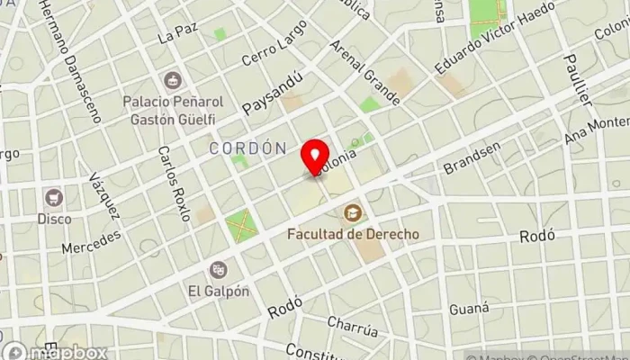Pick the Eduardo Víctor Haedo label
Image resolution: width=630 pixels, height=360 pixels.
pos(481,38)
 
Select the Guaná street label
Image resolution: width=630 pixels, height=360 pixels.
pos(469,309)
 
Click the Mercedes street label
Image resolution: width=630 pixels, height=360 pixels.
pos(91,242)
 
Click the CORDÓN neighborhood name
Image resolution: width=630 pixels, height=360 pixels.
pos(248,148)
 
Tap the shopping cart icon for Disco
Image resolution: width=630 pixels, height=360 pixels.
pos(54,196)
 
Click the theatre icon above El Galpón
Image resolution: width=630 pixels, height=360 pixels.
pos(219,269)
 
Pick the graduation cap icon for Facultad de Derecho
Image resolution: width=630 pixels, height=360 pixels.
pos(354,213)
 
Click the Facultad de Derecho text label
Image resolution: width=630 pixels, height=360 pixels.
pos(354,234)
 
